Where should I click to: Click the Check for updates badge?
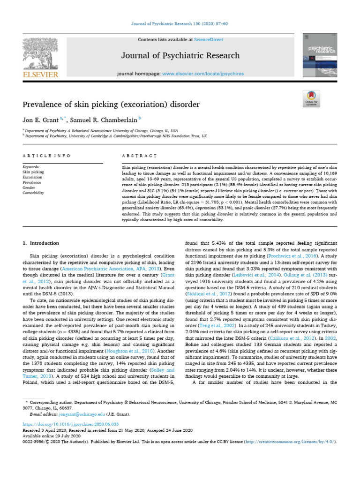tap(312, 99)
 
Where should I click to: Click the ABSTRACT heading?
tap(135, 155)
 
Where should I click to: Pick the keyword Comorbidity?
tap(33, 193)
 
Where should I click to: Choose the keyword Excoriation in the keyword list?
tap(32, 177)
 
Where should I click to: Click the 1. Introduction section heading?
tap(41, 243)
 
